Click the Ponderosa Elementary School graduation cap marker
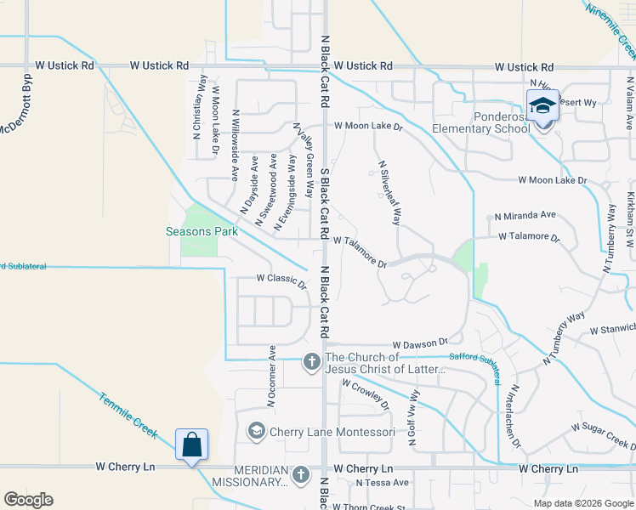point(542,108)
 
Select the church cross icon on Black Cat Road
point(311,363)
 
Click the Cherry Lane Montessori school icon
point(255,432)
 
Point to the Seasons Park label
point(202,231)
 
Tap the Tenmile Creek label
point(127,416)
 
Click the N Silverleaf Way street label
point(389,192)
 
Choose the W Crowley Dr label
point(365,394)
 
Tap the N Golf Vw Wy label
point(414,419)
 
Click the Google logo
point(28,500)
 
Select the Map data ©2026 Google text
point(582,503)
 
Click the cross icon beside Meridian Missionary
point(300,475)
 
